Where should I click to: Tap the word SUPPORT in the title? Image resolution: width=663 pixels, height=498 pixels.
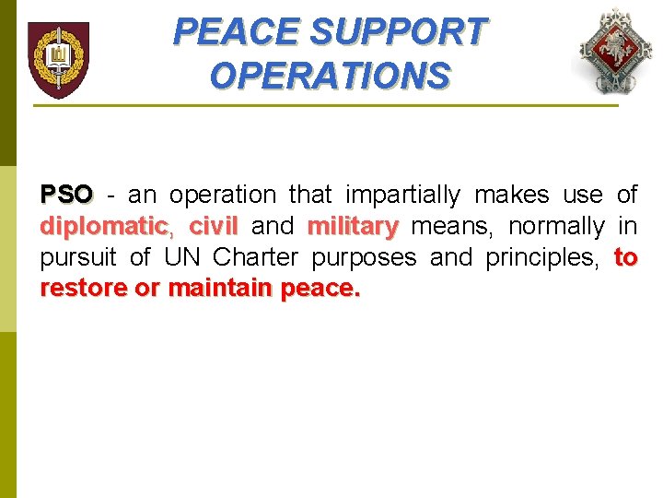click(398, 32)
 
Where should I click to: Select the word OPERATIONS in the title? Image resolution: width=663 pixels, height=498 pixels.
click(330, 75)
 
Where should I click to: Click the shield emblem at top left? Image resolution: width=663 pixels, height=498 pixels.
click(58, 60)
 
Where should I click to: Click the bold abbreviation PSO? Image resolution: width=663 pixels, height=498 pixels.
click(66, 195)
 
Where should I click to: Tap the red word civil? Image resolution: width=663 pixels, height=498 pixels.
click(213, 226)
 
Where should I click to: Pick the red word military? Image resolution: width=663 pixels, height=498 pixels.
click(353, 226)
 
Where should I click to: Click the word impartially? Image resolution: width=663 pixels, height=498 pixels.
click(402, 195)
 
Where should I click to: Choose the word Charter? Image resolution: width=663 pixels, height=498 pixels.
click(255, 257)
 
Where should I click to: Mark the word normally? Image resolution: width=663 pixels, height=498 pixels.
click(555, 226)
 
